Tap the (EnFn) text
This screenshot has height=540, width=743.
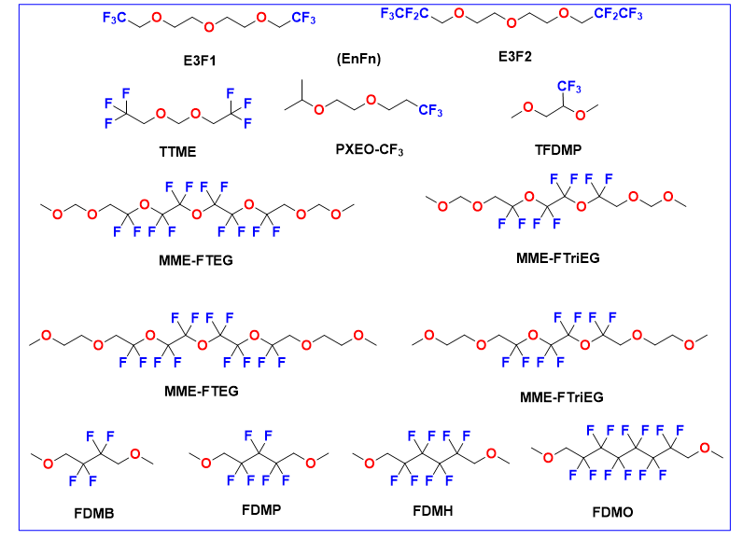(359, 60)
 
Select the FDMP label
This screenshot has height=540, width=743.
(260, 509)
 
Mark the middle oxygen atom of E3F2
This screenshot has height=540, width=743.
(512, 14)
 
